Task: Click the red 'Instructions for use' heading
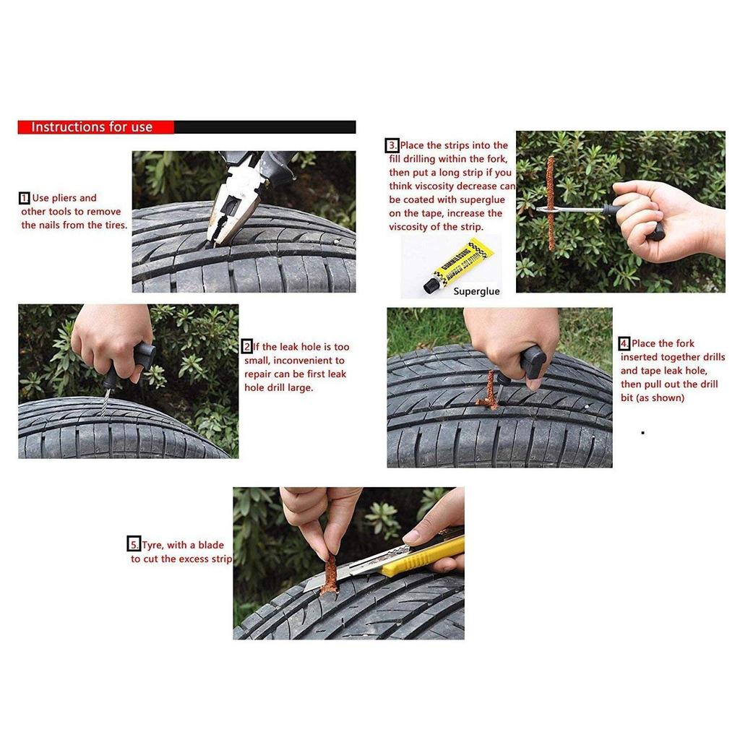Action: click(92, 127)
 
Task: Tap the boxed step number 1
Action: click(25, 198)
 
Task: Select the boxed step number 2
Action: click(247, 347)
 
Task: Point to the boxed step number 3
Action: click(392, 145)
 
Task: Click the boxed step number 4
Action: click(624, 343)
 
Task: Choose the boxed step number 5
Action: click(134, 545)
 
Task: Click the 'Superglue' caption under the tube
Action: click(476, 291)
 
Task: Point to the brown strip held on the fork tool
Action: click(551, 202)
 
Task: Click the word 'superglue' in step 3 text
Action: click(475, 200)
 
